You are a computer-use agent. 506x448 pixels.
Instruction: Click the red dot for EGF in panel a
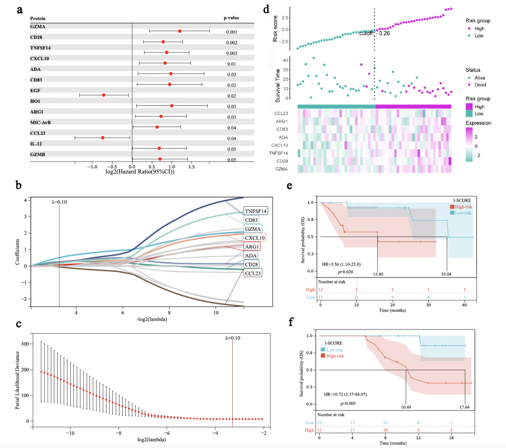[x=104, y=95]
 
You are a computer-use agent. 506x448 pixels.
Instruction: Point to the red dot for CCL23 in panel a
[x=103, y=138]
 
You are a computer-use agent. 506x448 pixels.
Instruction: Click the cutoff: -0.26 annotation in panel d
[x=375, y=33]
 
